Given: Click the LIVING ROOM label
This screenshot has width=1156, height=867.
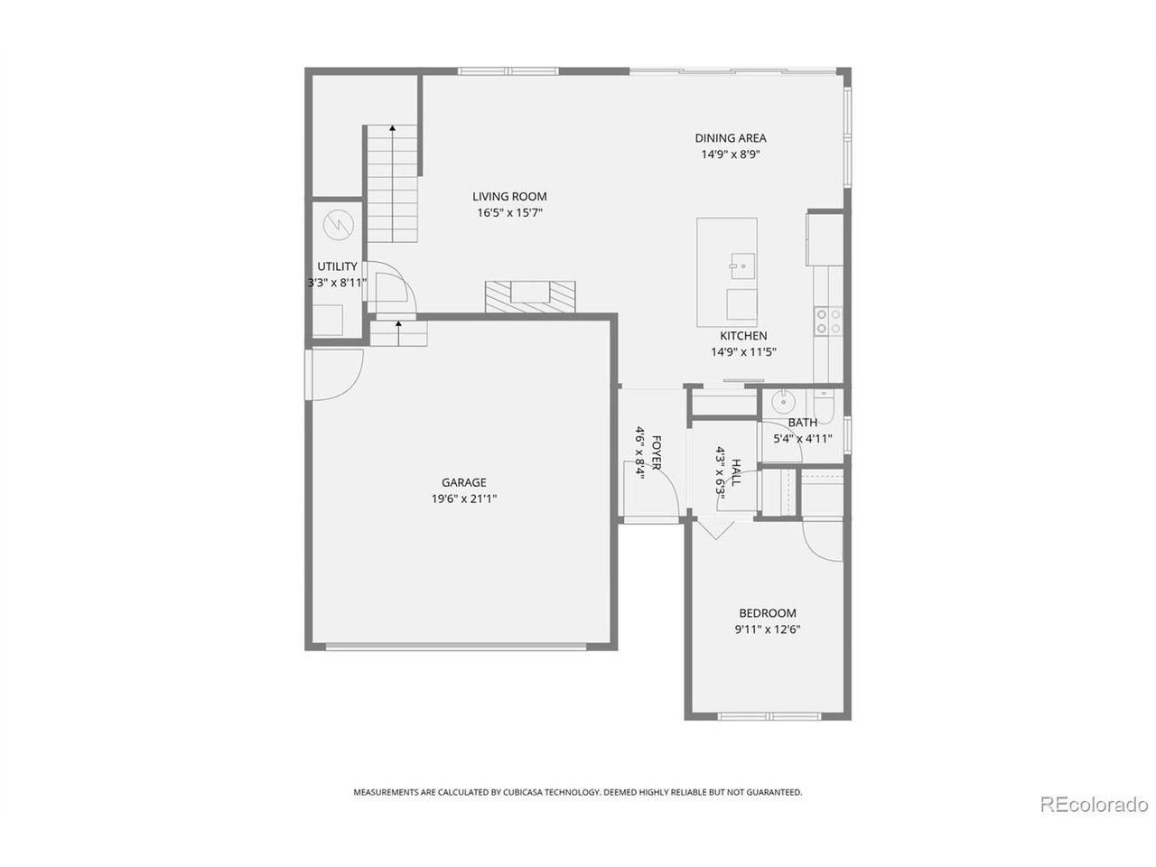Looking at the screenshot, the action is coord(509,196).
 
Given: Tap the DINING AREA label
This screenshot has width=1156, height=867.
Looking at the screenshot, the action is coord(731,138).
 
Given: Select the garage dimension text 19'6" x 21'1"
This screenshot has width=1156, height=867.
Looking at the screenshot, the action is coord(464,499).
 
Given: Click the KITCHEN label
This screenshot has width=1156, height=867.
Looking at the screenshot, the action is coord(743,335).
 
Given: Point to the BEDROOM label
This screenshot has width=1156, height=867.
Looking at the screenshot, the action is coord(768,612).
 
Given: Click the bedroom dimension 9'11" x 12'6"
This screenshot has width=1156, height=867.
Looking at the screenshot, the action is coord(768,629).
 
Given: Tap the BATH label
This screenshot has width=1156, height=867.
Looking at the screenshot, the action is coord(803,422).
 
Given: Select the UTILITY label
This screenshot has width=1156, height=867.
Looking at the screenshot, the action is coord(337,266).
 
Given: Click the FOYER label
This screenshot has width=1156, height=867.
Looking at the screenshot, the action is coord(657,452).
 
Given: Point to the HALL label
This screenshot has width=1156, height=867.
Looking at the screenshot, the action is coord(736,472).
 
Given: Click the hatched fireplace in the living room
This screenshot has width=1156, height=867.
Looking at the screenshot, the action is coord(530,297).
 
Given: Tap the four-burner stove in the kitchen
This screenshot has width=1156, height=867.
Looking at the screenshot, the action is coord(828,322).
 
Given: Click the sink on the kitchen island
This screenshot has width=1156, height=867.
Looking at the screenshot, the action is coord(741,266).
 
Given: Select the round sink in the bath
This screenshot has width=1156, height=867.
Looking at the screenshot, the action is coord(784,403).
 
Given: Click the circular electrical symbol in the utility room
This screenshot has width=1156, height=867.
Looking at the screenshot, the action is coord(339,225).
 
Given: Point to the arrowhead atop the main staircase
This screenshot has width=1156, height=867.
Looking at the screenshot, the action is coord(392,127).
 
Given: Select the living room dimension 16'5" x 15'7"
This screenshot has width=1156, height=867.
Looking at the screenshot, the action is coord(509,212).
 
